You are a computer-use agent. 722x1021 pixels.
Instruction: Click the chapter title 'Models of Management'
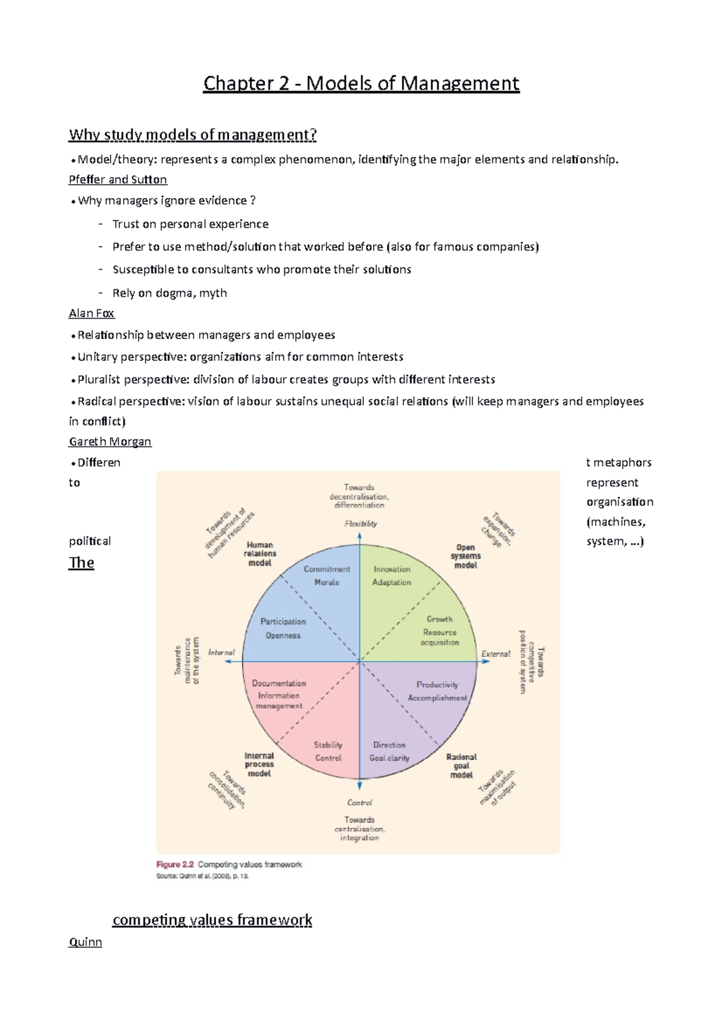[361, 83]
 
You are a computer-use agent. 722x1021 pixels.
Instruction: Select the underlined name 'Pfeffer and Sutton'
[118, 179]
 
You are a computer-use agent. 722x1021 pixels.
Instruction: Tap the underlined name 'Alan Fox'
[91, 313]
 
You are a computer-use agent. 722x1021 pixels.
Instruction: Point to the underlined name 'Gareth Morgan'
[110, 441]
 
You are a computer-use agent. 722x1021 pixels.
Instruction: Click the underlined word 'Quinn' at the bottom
[85, 942]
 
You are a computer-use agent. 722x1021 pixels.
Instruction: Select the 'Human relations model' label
[260, 554]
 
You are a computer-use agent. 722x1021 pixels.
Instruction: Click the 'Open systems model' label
[466, 556]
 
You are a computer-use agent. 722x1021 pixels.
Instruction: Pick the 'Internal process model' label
[259, 764]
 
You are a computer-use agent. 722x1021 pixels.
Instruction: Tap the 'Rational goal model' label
[461, 766]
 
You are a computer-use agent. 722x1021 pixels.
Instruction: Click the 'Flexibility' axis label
[360, 524]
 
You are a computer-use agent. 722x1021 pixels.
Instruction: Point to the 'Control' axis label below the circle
[360, 803]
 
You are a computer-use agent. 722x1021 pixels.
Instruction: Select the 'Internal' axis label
[221, 652]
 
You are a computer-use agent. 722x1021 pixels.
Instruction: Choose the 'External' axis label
[496, 654]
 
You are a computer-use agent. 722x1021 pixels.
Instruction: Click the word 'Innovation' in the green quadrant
[392, 569]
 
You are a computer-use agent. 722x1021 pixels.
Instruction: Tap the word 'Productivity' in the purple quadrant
[437, 684]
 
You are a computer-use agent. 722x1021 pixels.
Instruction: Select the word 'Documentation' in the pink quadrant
[279, 683]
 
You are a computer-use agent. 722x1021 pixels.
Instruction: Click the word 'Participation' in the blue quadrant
[283, 621]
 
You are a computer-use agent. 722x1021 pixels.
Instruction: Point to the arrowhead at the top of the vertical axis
[360, 536]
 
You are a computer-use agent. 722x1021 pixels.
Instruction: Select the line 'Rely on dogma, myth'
[170, 293]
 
